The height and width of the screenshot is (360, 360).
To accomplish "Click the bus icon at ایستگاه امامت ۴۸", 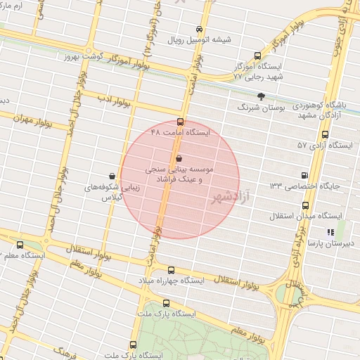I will click(x=181, y=122).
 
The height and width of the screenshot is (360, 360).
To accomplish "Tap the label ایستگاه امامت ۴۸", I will click(x=181, y=132).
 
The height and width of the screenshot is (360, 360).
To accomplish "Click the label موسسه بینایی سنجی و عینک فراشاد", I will click(x=179, y=174).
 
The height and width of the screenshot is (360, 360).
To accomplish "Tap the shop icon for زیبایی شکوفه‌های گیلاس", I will click(x=112, y=176).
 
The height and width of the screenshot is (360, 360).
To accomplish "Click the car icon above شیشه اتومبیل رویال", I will click(x=200, y=30).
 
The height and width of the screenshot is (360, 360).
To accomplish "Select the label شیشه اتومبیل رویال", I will click(x=198, y=40).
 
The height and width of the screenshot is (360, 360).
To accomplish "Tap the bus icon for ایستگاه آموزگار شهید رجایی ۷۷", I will click(x=257, y=56).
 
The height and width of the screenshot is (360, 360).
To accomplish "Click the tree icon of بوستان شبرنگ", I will click(x=261, y=96).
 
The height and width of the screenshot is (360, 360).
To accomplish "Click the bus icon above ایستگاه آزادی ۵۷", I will click(x=324, y=134).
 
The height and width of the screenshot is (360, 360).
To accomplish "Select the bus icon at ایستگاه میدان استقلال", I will click(x=305, y=205).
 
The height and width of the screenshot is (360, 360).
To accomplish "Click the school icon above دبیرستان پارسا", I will click(x=330, y=232).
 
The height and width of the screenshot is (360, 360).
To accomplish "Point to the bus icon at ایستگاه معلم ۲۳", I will click(x=19, y=245).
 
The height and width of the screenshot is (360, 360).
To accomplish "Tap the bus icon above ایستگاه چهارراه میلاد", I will click(x=171, y=269).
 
